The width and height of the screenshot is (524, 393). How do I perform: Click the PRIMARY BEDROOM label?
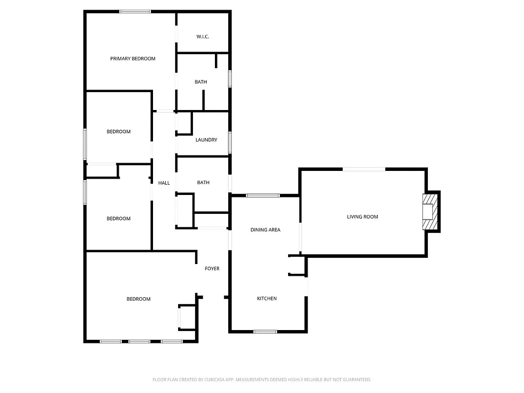click(133, 59)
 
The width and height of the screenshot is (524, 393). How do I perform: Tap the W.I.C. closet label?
click(203, 37)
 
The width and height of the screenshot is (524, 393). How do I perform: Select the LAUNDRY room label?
click(206, 140)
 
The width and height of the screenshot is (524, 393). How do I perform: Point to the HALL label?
click(164, 183)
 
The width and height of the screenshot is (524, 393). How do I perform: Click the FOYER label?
click(212, 269)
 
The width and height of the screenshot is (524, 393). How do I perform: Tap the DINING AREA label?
click(265, 230)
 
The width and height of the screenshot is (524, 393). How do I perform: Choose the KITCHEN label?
click(267, 298)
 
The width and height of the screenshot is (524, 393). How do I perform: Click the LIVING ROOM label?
click(362, 216)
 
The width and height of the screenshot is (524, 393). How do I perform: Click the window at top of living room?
click(364, 169)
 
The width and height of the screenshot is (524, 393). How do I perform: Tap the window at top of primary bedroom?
click(135, 11)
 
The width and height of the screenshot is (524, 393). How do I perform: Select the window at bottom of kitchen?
click(265, 332)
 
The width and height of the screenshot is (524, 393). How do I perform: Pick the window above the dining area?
click(263, 195)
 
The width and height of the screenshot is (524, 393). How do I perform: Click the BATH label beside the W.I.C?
click(201, 82)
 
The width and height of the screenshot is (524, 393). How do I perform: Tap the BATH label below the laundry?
click(203, 183)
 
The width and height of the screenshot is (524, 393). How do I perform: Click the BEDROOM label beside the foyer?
click(138, 299)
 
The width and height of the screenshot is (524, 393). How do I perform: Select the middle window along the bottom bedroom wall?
click(139, 341)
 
